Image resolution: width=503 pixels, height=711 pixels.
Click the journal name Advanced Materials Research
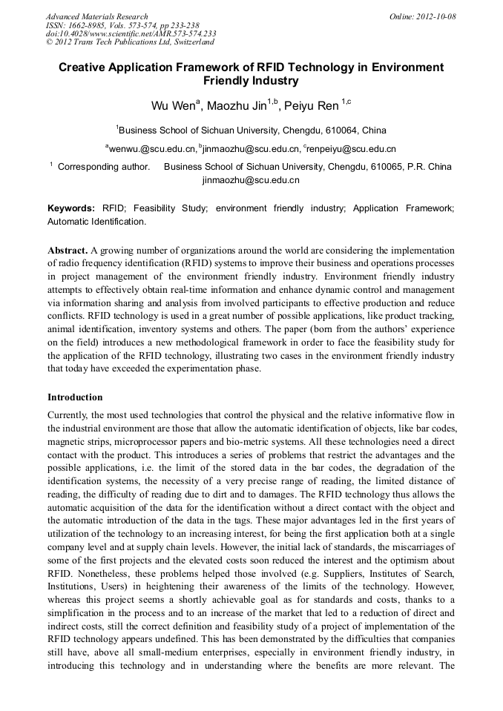(96, 16)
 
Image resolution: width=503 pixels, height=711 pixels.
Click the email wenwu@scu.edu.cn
(153, 148)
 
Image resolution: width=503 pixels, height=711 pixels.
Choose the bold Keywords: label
(71, 209)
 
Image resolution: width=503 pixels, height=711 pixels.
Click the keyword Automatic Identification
(96, 221)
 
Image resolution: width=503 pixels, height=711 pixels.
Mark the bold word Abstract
(68, 251)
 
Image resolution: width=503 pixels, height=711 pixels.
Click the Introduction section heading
(75, 397)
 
